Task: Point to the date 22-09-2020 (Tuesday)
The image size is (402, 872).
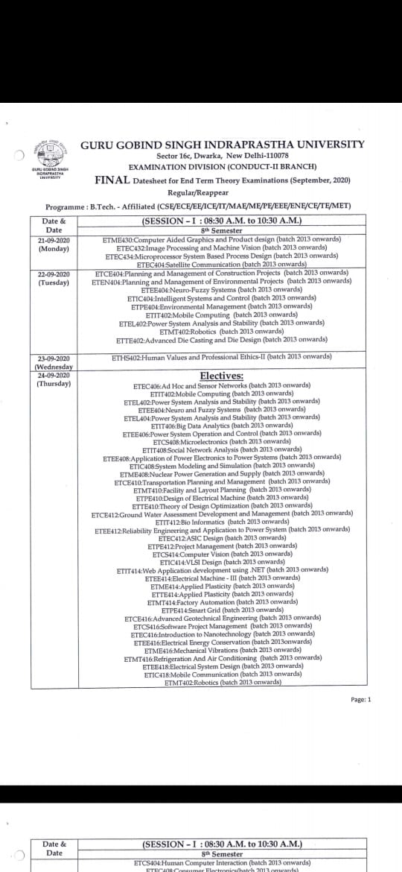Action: pos(53,278)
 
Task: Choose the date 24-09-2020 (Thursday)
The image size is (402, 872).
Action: pos(53,379)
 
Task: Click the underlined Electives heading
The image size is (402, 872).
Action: pos(221,376)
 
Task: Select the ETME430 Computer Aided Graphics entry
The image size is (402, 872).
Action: pos(221,239)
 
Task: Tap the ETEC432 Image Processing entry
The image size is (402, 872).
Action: pos(221,247)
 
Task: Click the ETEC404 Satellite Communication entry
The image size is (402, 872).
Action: pos(221,264)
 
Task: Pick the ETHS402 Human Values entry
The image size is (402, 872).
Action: pos(221,357)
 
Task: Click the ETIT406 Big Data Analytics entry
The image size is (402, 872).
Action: pos(221,425)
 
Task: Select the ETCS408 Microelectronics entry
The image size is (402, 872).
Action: pos(221,441)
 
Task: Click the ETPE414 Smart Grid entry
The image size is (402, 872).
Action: pos(221,610)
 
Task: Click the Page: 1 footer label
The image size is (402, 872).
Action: pos(360,699)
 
